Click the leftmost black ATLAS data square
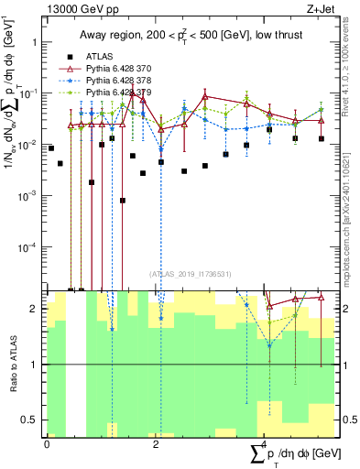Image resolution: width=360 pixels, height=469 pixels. [x=50, y=147]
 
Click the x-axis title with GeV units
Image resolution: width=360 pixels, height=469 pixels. [x=295, y=453]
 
